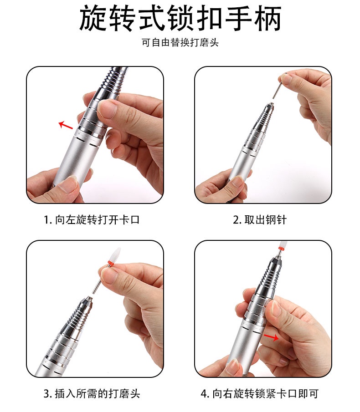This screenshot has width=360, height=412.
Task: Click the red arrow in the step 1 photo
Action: (66, 125)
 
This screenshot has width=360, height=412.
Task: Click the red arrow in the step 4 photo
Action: (272, 337)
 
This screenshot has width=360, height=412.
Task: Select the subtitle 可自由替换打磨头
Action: (180, 43)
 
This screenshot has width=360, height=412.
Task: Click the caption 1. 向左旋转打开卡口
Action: (92, 220)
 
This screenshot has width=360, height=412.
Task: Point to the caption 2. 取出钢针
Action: (260, 220)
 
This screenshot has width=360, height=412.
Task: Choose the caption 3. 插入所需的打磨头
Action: (92, 394)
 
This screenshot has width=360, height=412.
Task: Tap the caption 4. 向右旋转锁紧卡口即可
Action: (260, 394)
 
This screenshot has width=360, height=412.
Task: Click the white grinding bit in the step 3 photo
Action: (116, 254)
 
